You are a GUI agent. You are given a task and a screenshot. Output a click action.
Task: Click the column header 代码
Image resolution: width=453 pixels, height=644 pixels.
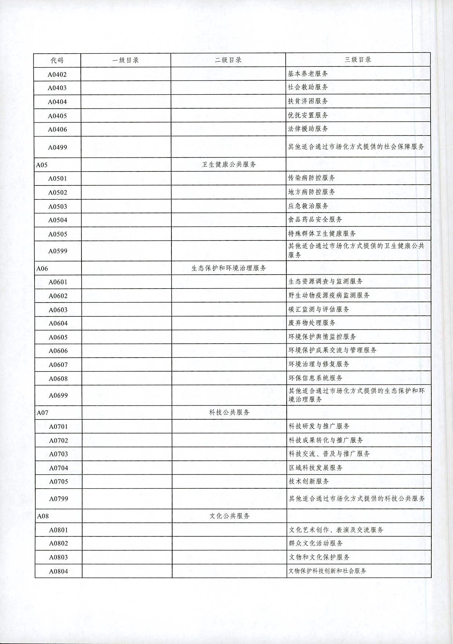click(x=57, y=60)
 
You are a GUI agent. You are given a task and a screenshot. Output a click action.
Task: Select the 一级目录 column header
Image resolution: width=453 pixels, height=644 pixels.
click(x=126, y=60)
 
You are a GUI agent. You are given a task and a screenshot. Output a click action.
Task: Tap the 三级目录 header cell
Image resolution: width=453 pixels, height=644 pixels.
click(x=358, y=59)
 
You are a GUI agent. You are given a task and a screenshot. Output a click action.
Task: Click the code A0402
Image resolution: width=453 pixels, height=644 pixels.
click(x=57, y=75)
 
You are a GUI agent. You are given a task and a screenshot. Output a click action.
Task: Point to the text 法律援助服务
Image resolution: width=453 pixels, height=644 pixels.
click(x=308, y=129)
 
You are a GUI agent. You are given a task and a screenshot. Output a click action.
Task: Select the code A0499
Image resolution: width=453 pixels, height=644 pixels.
click(x=58, y=148)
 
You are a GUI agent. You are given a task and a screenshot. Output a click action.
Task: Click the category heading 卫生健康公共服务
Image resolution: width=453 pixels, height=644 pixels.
click(x=229, y=164)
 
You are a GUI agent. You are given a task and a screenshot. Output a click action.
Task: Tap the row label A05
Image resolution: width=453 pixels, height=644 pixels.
click(x=42, y=165)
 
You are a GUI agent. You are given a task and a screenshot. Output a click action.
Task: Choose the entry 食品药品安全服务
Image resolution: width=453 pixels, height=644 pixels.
click(x=315, y=220)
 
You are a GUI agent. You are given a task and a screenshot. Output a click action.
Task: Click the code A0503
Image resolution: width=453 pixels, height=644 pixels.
click(x=58, y=206)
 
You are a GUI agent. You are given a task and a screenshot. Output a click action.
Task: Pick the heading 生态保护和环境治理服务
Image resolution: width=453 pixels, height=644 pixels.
click(x=229, y=268)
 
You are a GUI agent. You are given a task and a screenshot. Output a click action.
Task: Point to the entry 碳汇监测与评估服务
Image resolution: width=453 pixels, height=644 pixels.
click(x=319, y=309)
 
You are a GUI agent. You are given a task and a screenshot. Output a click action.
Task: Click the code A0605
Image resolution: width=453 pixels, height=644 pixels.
click(x=58, y=337)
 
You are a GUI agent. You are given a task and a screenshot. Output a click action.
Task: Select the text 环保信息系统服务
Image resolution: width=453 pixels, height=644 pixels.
click(x=315, y=378)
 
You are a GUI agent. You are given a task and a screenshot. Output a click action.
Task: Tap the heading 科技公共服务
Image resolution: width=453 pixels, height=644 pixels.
click(x=229, y=412)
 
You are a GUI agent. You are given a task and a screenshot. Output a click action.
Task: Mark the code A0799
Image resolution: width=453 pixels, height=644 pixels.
click(x=59, y=499)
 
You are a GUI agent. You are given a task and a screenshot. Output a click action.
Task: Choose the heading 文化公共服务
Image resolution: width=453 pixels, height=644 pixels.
click(x=230, y=516)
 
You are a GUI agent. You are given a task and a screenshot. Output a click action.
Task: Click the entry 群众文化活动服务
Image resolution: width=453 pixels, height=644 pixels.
click(x=316, y=543)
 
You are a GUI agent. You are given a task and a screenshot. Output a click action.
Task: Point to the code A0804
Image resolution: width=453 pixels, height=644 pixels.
click(x=59, y=571)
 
